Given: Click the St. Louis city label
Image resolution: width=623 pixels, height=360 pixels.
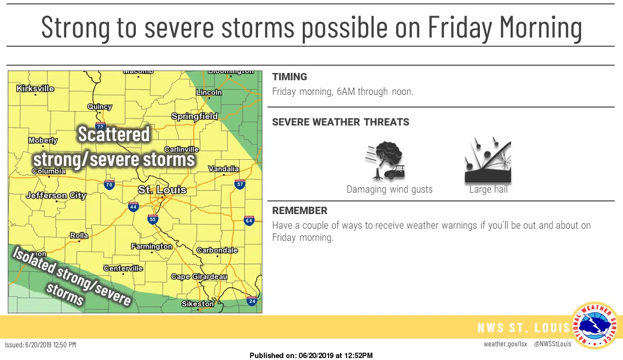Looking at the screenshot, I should [x=162, y=190].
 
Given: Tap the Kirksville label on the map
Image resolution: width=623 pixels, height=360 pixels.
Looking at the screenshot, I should [x=35, y=89].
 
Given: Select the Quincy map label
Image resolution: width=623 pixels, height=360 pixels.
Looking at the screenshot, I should [x=100, y=107].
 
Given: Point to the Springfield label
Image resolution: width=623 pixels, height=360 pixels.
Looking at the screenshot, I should [x=194, y=116].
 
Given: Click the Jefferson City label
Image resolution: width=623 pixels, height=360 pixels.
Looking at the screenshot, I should [x=56, y=196].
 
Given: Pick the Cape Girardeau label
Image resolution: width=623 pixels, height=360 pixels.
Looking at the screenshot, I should [x=199, y=277].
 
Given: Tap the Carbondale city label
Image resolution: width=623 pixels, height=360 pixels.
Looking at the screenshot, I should [x=217, y=250].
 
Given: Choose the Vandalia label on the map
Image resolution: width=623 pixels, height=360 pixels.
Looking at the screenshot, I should [x=223, y=169].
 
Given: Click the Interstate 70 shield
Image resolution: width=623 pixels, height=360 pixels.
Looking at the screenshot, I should [x=109, y=184].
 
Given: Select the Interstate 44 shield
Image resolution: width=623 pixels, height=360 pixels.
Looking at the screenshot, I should [x=133, y=207].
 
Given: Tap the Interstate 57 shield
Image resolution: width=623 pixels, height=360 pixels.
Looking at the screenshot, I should [x=239, y=184].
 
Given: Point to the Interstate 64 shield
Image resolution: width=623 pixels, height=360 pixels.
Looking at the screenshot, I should [x=249, y=220].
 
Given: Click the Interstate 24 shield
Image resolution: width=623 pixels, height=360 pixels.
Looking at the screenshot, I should [x=252, y=301].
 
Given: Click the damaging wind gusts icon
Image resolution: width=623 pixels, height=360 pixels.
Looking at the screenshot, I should [x=385, y=161].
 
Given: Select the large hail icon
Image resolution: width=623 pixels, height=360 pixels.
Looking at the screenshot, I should [x=488, y=160].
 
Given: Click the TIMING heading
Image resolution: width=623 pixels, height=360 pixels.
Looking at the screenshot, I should [x=290, y=77].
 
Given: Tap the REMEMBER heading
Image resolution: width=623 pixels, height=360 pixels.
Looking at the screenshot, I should [x=300, y=211].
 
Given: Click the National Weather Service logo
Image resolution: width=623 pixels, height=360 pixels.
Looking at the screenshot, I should [x=595, y=325].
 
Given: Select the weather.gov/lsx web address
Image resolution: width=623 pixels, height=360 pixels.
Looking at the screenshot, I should [x=505, y=344].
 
